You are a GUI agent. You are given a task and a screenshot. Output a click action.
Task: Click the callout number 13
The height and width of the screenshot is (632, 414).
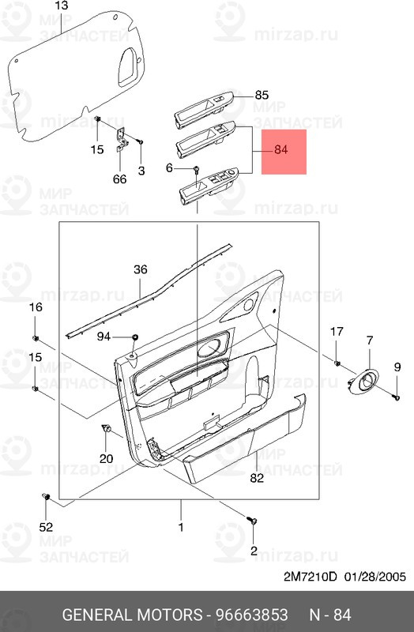pyautogui.click(x=62, y=6)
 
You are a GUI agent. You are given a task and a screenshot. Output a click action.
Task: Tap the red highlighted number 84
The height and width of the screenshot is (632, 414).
pyautogui.click(x=281, y=150)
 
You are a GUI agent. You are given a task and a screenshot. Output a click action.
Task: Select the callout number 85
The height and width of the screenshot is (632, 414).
pyautogui.click(x=262, y=95)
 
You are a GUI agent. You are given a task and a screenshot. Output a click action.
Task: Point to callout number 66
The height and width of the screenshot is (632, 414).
pyautogui.click(x=120, y=179)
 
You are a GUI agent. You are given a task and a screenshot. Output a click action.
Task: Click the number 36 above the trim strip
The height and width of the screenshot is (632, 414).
pyautogui.click(x=141, y=269)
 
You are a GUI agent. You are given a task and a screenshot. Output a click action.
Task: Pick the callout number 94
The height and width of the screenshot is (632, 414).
pyautogui.click(x=103, y=337)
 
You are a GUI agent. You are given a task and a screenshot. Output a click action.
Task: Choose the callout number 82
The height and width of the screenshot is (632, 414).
pyautogui.click(x=257, y=478)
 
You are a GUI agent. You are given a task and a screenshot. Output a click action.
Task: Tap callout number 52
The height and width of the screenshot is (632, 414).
pyautogui.click(x=46, y=527)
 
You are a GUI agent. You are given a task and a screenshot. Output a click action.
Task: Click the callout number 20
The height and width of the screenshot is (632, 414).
pyautogui.click(x=106, y=458)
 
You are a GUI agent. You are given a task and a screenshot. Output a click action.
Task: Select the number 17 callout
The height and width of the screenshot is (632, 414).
pyautogui.click(x=337, y=332)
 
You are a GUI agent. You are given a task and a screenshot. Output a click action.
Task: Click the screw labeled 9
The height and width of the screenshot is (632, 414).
pyautogui.click(x=397, y=397)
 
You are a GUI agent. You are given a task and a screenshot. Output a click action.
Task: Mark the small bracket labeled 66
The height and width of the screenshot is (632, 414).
pyautogui.click(x=122, y=139)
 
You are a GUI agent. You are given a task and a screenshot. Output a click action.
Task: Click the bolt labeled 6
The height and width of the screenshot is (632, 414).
pyautogui.click(x=196, y=169)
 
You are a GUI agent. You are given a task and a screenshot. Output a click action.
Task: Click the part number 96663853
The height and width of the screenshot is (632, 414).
pyautogui.click(x=251, y=615)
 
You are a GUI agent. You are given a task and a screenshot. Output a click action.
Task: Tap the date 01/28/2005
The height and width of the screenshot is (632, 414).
pyautogui.click(x=375, y=577)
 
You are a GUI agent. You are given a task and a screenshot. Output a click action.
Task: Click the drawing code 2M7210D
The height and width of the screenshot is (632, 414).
pyautogui.click(x=310, y=577)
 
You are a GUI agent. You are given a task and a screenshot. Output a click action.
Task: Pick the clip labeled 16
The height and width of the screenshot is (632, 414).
pyautogui.click(x=35, y=337)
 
